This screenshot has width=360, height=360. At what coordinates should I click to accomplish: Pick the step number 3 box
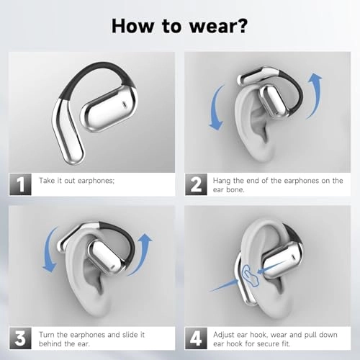(20, 338)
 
